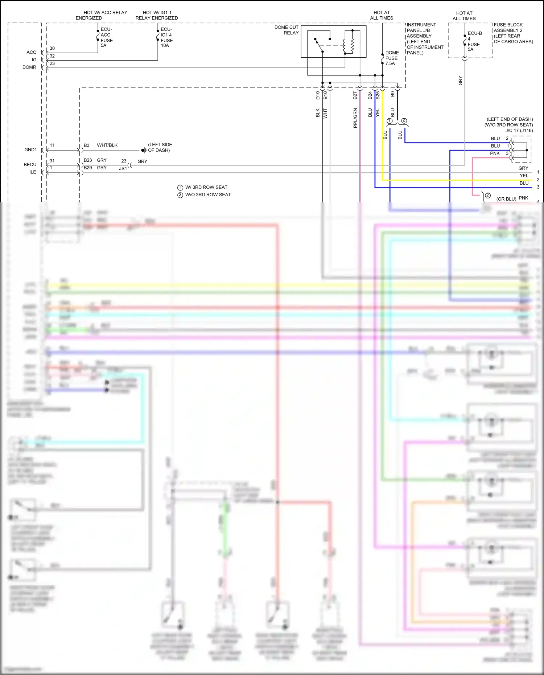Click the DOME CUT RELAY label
pos(287,30)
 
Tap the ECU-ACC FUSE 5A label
pos(107,37)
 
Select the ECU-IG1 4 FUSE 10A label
pos(166,37)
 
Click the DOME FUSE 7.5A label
pos(392,58)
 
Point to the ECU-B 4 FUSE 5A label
pos(474,41)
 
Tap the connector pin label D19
pos(318,95)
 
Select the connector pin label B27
pos(355,95)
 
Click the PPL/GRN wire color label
pos(355,118)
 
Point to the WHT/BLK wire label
pos(107,145)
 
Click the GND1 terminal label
pos(30,150)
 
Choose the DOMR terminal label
pos(29,67)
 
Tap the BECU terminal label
pos(30,165)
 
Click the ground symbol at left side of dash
pos(144,150)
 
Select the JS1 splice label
pos(123,169)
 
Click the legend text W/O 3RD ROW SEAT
pos(208,195)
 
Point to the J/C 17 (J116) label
pos(519,131)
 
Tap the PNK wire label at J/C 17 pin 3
pos(495,153)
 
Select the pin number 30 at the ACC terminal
pos(52,49)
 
